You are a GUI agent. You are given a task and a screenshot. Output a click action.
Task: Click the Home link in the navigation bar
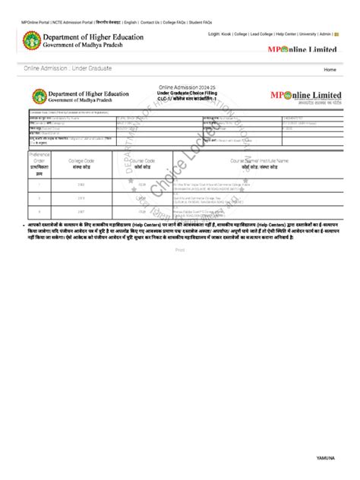(x=330, y=69)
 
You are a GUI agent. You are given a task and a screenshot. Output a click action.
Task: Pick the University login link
(x=308, y=34)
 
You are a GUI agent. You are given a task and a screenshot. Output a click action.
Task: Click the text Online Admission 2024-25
(x=181, y=88)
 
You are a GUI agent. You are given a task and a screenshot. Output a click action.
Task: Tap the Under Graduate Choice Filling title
(x=181, y=93)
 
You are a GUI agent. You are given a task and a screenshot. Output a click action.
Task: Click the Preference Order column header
(x=39, y=164)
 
